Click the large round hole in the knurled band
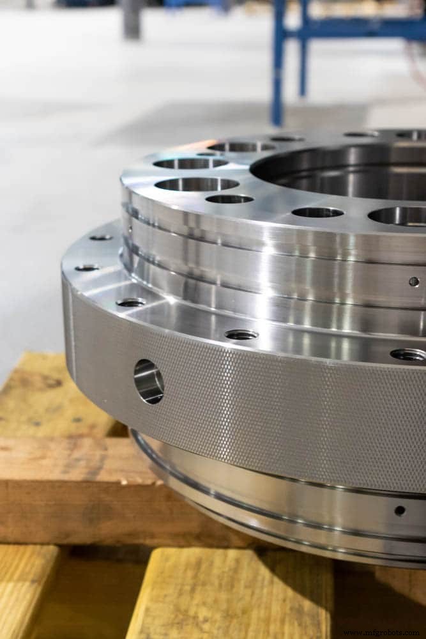coord(148,381)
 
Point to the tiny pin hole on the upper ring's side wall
coord(414,281)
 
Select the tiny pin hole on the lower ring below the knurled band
coord(400,510)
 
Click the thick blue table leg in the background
coord(278,64)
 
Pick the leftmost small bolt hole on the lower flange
coord(87,268)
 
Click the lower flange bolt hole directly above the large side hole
coord(131,302)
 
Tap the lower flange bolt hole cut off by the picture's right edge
coord(409,355)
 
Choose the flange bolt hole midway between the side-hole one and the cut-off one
coord(241,334)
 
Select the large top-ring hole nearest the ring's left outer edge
coord(197,184)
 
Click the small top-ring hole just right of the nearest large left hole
coord(229,199)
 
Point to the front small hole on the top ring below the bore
coord(317,212)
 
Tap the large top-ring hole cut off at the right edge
coord(399,215)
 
